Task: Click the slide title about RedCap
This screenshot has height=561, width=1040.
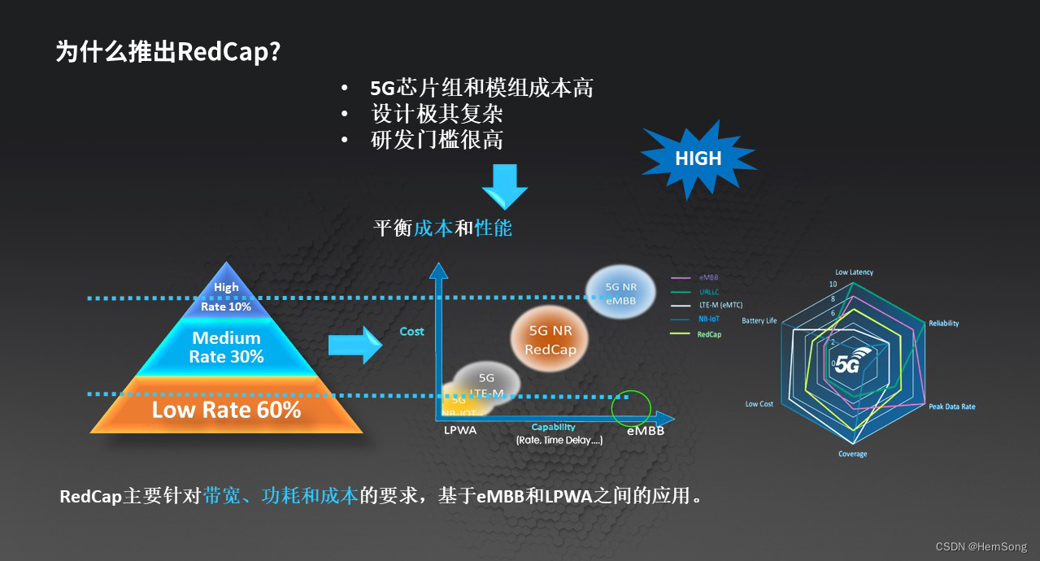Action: pyautogui.click(x=168, y=52)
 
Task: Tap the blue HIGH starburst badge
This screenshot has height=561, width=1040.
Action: pyautogui.click(x=698, y=158)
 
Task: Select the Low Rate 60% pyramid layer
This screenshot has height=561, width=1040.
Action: pyautogui.click(x=226, y=410)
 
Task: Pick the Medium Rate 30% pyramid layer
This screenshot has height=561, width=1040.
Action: pyautogui.click(x=226, y=347)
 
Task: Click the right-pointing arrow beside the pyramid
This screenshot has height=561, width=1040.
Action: pyautogui.click(x=355, y=346)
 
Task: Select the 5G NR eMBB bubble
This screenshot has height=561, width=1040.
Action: pyautogui.click(x=621, y=294)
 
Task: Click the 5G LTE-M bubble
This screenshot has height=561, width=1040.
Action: pyautogui.click(x=487, y=385)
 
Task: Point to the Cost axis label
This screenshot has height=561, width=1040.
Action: pyautogui.click(x=411, y=332)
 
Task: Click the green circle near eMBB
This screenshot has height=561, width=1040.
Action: pyautogui.click(x=631, y=407)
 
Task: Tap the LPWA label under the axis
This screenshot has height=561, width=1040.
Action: pyautogui.click(x=460, y=431)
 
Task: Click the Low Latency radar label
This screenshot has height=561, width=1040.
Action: pyautogui.click(x=854, y=272)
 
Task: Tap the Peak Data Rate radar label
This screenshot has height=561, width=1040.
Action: pyautogui.click(x=951, y=407)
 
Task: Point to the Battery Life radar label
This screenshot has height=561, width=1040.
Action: pyautogui.click(x=759, y=321)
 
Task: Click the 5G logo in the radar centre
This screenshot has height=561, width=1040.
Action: pyautogui.click(x=848, y=363)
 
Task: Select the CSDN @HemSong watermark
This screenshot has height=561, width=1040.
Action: pyautogui.click(x=981, y=547)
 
